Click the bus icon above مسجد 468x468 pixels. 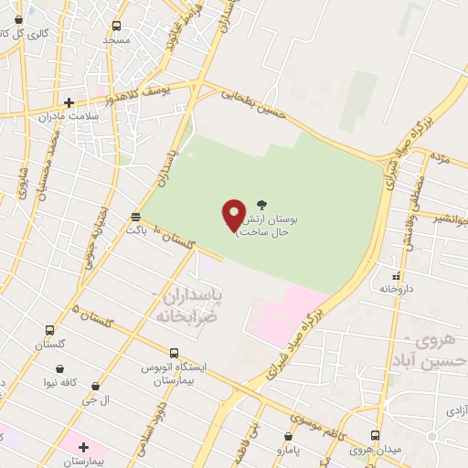[x=115, y=26]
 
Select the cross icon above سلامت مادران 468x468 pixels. [x=69, y=102]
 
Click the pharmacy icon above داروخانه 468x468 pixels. [x=396, y=274]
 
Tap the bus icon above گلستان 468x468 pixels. [x=48, y=331]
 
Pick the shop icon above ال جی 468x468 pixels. [x=96, y=387]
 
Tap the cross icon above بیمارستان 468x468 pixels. [x=84, y=447]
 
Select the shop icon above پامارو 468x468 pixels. [x=289, y=436]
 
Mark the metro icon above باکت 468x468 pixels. [x=136, y=217]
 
